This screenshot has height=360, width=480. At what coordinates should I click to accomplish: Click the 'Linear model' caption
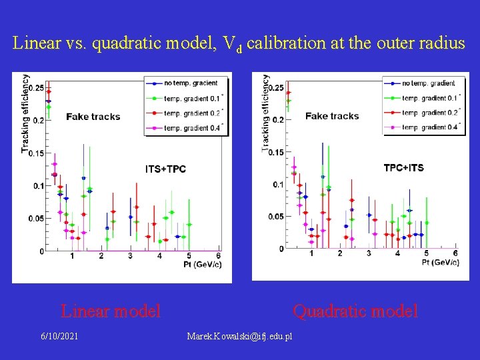(111, 311)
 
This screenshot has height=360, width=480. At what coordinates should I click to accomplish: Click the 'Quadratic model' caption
(355, 311)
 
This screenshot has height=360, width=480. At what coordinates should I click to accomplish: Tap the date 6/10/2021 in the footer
(59, 336)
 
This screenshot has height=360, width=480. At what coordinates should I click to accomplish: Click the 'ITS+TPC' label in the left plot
(165, 169)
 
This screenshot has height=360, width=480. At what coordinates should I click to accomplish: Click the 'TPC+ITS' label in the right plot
(403, 168)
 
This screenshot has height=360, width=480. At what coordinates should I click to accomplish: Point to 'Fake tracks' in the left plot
(93, 117)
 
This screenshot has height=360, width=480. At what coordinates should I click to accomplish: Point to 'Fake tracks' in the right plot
(332, 116)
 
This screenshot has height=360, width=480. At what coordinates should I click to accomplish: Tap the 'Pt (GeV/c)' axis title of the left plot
(202, 265)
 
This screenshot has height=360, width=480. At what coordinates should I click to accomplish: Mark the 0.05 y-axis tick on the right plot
(275, 216)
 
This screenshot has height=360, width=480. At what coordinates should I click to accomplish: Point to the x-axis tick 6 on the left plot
(218, 256)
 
